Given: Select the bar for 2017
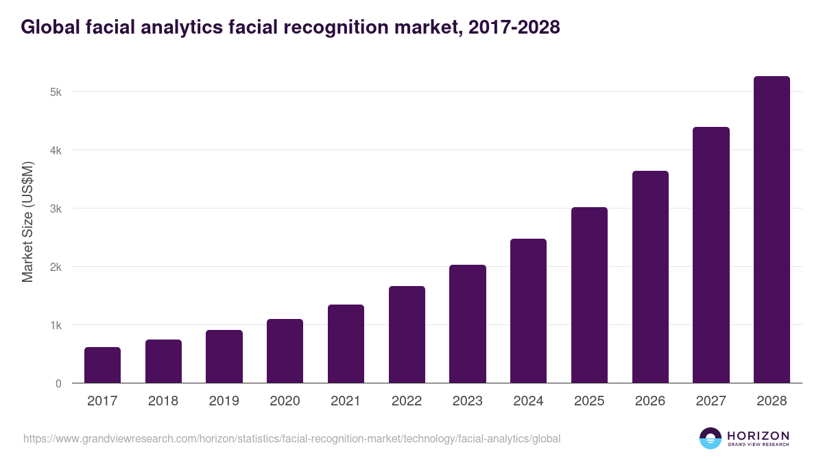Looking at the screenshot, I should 102,365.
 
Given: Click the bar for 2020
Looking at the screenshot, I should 285,351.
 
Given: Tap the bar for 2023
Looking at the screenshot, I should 467,324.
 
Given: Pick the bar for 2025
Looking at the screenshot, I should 589,295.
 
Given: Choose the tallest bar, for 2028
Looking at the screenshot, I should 772,230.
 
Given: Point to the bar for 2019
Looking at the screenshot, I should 224,357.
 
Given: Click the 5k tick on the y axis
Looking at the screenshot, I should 56,92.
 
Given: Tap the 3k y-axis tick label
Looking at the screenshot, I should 56,209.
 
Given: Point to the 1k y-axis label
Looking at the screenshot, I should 56,325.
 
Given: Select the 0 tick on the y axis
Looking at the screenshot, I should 58,383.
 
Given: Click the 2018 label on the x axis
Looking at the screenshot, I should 163,401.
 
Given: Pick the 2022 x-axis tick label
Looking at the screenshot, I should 407,401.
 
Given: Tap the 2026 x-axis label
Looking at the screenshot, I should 650,401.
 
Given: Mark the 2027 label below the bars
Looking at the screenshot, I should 711,401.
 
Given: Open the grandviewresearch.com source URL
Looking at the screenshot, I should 291,438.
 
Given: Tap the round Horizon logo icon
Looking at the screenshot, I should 711,438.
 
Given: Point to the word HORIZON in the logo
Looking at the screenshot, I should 758,435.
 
